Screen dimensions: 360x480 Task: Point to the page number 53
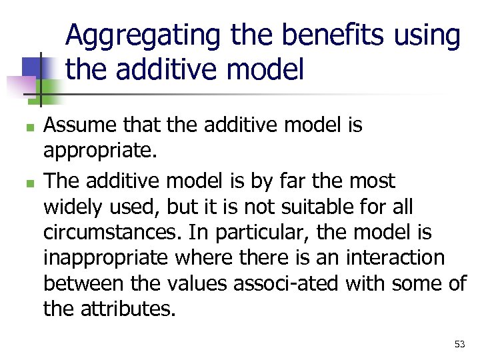pos(459,344)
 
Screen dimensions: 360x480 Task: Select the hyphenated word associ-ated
pos(286,284)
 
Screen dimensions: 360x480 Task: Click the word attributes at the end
pos(131,309)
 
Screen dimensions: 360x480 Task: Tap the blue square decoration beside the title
pos(33,67)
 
